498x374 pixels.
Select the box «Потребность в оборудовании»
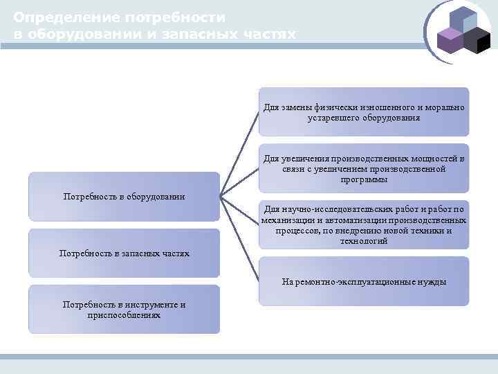[124, 197]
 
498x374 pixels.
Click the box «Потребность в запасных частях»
[124, 253]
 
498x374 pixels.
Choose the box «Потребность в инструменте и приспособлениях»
[124, 310]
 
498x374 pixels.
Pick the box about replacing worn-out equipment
[364, 112]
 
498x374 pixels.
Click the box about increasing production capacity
[364, 168]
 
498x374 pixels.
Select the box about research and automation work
[364, 225]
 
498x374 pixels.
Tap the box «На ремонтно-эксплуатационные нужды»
[364, 281]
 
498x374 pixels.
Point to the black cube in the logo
[477, 42]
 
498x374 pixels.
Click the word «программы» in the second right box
[364, 179]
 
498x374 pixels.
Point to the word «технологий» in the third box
[364, 241]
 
